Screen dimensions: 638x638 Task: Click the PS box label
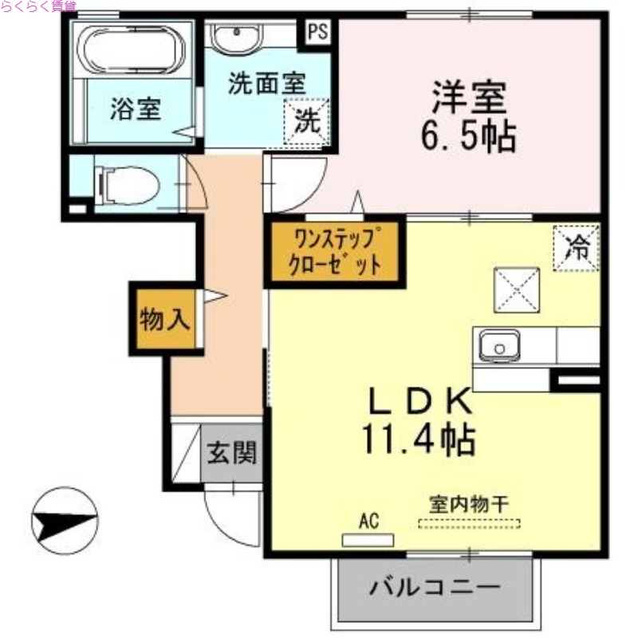318,33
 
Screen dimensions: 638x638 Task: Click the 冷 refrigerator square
575,248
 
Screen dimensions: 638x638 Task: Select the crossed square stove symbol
516,289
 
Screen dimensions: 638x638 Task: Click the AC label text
368,522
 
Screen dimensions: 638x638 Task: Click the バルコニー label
435,590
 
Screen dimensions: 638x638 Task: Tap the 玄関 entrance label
232,454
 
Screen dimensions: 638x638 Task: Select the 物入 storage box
165,320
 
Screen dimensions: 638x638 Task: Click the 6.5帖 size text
468,137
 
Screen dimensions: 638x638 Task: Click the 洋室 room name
469,100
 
